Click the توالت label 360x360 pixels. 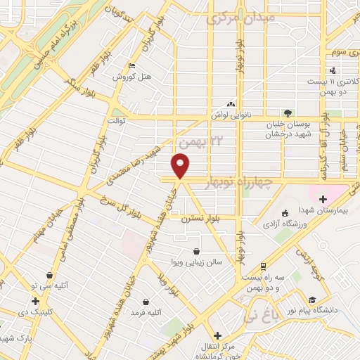115,120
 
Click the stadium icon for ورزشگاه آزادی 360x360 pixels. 285,214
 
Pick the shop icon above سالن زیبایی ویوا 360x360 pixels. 197,251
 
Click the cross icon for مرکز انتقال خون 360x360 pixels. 217,336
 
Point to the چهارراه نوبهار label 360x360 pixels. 241,182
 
